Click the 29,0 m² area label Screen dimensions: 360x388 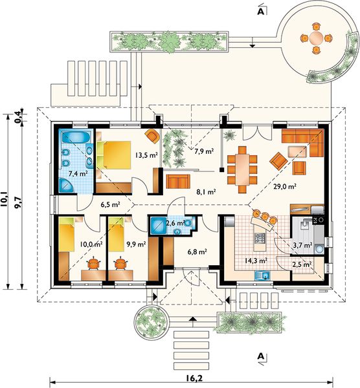click(285, 186)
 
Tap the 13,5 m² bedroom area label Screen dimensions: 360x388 click(146, 155)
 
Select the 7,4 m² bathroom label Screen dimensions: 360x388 click(78, 173)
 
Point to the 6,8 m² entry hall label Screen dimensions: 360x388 click(197, 252)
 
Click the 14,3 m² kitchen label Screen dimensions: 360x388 click(256, 260)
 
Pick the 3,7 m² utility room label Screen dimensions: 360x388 click(302, 245)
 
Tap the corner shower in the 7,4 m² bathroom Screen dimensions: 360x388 click(67, 186)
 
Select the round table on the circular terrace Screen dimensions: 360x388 click(317, 38)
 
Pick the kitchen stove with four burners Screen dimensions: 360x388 click(260, 238)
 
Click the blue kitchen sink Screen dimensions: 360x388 click(262, 275)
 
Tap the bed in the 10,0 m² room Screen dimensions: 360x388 click(67, 234)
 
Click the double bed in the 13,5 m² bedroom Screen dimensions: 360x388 click(114, 155)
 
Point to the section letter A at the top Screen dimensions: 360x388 click(261, 12)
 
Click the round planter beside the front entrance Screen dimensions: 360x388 click(152, 322)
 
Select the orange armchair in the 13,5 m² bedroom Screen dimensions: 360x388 click(153, 136)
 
